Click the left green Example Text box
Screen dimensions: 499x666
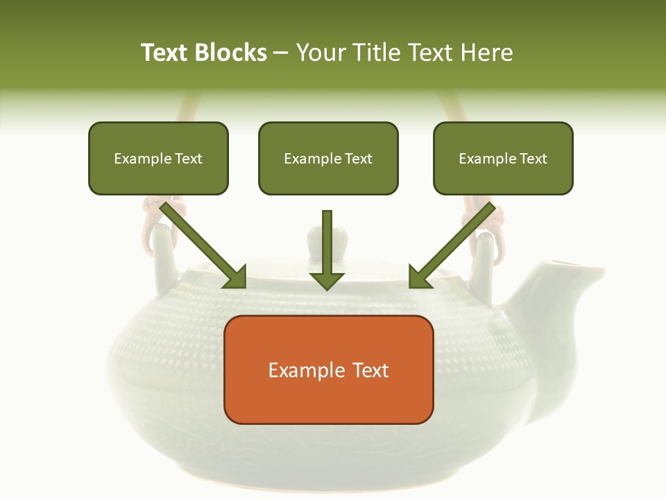click(158, 158)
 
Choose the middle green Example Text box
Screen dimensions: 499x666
click(328, 158)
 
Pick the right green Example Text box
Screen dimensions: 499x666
click(503, 158)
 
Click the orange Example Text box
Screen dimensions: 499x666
click(328, 369)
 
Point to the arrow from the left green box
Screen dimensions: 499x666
click(201, 243)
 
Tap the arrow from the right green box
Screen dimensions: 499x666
click(454, 243)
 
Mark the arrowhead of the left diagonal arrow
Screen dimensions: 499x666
click(236, 277)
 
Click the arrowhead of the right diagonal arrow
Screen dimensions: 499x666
click(419, 277)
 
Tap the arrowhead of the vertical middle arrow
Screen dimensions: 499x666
click(327, 280)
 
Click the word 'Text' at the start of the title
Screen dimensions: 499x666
click(164, 53)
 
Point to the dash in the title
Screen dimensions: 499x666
click(281, 53)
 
